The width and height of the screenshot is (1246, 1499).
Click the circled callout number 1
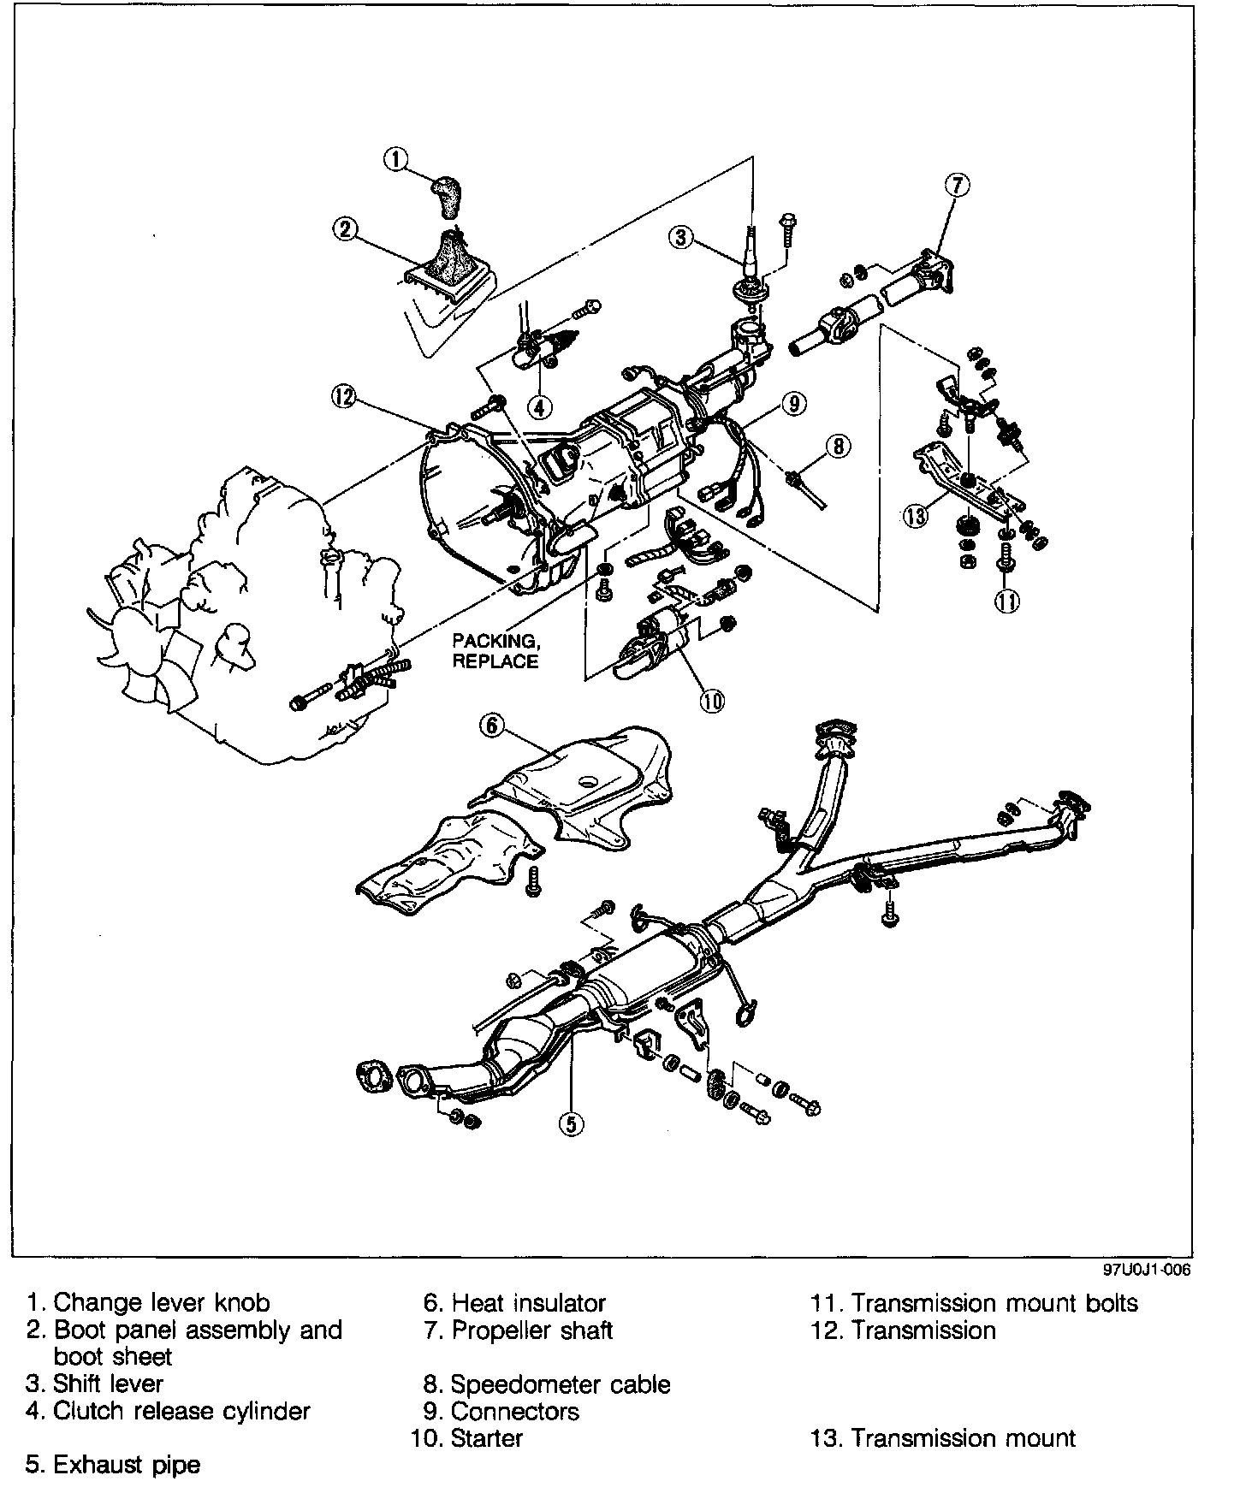(396, 158)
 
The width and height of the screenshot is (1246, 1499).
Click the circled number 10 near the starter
(712, 701)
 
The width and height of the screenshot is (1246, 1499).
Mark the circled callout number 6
(491, 726)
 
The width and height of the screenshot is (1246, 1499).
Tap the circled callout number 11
(1007, 601)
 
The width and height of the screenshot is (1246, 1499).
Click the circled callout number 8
(838, 445)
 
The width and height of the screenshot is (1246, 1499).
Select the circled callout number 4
(539, 407)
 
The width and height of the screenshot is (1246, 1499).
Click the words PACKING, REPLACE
(495, 650)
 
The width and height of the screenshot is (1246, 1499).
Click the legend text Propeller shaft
(531, 1330)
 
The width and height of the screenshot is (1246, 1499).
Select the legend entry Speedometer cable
(560, 1384)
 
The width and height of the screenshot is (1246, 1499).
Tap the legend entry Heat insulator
(528, 1303)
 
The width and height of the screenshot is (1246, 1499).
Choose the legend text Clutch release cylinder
(181, 1411)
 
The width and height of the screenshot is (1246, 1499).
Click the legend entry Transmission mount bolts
(994, 1303)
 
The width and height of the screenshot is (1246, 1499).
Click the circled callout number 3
(680, 237)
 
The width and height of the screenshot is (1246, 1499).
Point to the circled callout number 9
(794, 402)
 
